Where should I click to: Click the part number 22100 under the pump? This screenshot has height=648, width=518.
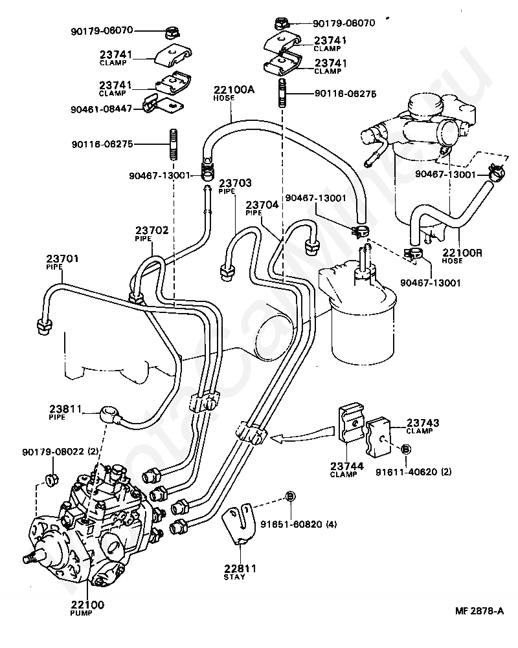(x=87, y=605)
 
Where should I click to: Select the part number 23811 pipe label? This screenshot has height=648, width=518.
(x=65, y=413)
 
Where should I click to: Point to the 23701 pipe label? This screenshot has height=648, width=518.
(x=62, y=262)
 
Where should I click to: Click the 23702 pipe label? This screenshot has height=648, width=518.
(x=152, y=233)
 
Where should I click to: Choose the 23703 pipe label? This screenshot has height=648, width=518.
(x=235, y=186)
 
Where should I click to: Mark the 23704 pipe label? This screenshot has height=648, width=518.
(x=262, y=208)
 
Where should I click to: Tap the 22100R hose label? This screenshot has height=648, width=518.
(x=462, y=256)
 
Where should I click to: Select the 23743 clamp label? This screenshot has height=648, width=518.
(x=422, y=426)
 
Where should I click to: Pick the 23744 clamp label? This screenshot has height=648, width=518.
(x=346, y=470)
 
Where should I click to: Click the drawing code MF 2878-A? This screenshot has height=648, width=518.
(x=480, y=610)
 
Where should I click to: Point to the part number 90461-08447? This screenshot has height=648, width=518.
(x=102, y=109)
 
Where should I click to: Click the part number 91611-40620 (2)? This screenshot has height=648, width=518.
(x=413, y=471)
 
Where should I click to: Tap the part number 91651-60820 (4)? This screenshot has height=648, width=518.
(x=298, y=524)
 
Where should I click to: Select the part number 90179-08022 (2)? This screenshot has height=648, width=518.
(x=60, y=451)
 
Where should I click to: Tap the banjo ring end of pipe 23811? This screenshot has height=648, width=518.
(x=109, y=413)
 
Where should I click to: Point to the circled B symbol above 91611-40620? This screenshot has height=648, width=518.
(x=405, y=449)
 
